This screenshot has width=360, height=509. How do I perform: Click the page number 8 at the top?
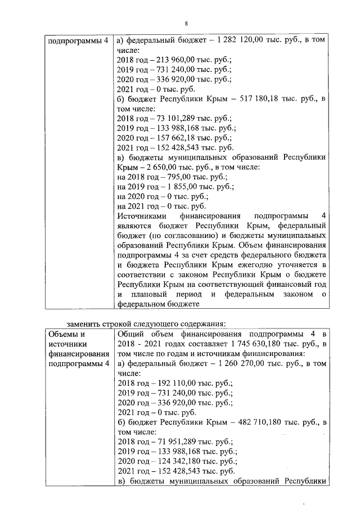pyautogui.click(x=186, y=23)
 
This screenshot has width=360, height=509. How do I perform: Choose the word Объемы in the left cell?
pyautogui.click(x=62, y=334)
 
